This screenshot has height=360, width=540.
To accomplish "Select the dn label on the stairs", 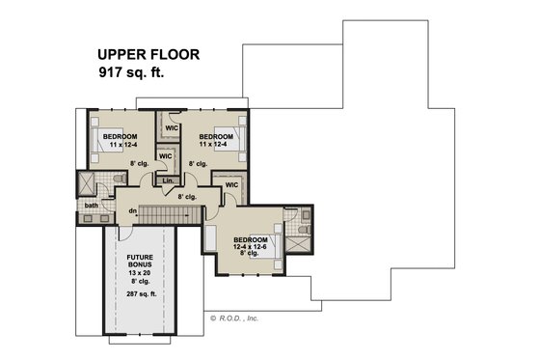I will tap(131, 211).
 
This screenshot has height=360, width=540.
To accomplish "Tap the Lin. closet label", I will tap(168, 180).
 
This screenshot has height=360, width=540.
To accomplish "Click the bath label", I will tap(92, 205).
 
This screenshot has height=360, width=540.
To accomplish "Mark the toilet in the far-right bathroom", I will tap(305, 229).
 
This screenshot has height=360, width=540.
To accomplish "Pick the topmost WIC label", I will tap(172, 125).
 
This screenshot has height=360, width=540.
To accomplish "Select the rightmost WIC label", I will tap(231, 184).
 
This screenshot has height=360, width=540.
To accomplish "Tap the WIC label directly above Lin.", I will tap(165, 154).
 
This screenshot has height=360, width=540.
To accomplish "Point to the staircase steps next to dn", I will tap(174, 212).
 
